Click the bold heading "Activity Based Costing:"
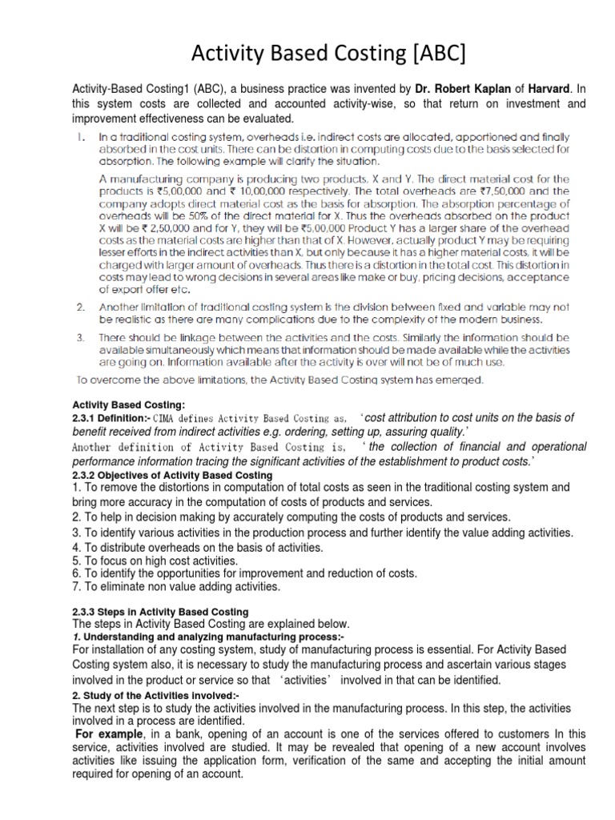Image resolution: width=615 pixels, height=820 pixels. tap(129, 405)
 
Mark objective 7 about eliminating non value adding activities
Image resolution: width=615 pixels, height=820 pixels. tap(176, 586)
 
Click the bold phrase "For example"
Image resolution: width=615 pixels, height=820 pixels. tap(108, 734)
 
